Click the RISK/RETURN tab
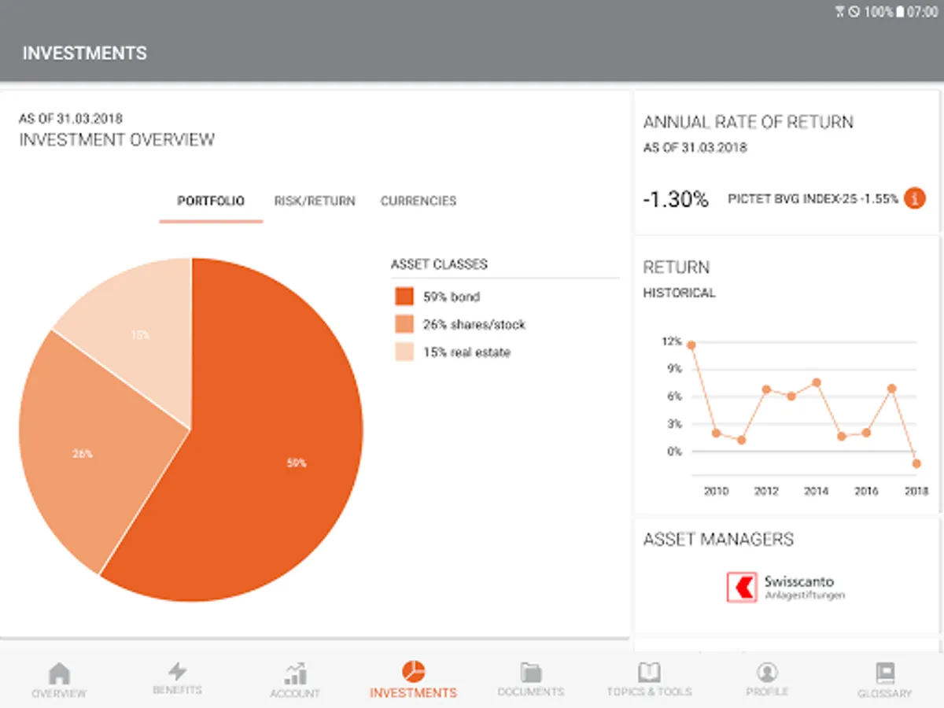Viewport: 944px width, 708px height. click(315, 201)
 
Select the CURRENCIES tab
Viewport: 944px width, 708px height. click(419, 201)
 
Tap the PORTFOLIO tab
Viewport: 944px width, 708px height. click(211, 201)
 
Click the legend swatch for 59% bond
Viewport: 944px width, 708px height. click(404, 297)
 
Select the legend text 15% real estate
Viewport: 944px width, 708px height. click(466, 352)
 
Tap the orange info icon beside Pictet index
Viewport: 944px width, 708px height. click(914, 199)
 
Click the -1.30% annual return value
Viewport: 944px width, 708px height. click(675, 199)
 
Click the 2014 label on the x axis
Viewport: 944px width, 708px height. click(816, 491)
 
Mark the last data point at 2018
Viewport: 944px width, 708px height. click(916, 463)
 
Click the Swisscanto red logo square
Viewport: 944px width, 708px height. click(741, 587)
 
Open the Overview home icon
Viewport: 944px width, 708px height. click(59, 673)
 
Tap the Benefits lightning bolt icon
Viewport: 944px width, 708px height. click(178, 671)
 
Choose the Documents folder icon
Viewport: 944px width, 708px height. click(531, 672)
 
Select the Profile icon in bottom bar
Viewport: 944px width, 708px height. click(766, 672)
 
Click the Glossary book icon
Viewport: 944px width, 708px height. click(885, 673)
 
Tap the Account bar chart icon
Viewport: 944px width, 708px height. click(295, 673)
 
